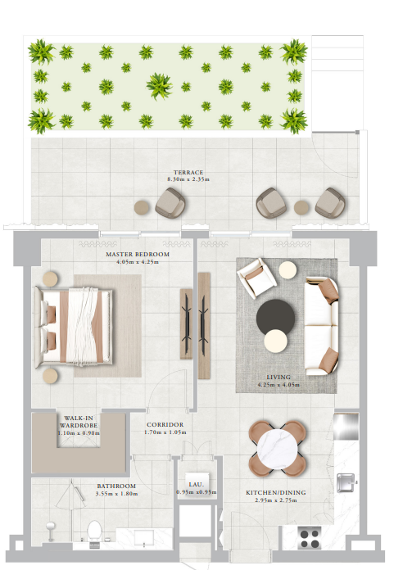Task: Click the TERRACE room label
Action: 188,172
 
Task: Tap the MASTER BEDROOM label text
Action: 138,254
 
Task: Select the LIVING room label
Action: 279,377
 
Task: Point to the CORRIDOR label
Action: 165,424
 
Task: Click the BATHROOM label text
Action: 116,486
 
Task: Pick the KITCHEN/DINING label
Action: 276,492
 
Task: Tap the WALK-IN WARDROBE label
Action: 79,422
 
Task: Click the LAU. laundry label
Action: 197,485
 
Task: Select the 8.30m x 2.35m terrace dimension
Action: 188,179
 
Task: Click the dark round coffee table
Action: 275,316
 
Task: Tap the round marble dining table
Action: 277,449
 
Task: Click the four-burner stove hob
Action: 310,538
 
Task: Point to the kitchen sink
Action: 346,482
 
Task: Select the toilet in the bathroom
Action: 94,532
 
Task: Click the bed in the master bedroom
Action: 74,327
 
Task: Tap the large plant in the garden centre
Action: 159,86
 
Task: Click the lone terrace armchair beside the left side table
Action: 170,203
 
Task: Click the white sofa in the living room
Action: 321,326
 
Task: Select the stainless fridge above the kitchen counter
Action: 346,427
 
